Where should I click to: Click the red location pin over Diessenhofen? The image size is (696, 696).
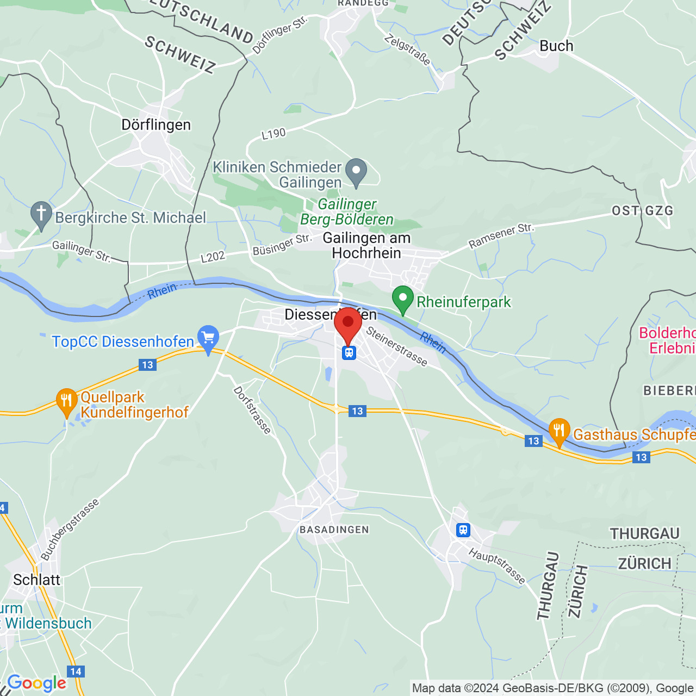coord(348,324)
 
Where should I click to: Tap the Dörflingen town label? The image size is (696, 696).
coord(156,125)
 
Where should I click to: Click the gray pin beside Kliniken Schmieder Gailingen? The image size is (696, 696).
coord(356,172)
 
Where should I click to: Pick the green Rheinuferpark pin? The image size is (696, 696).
coord(403,300)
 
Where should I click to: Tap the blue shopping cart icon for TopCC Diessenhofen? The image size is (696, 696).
coord(208,339)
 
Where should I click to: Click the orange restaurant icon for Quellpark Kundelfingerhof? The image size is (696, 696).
coord(66,402)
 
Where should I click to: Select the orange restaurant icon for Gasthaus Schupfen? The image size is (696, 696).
coord(559,432)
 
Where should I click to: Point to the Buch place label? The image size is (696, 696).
coord(556,46)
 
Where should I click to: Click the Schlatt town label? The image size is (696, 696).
coord(37,580)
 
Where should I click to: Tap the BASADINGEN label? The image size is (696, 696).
coord(334,530)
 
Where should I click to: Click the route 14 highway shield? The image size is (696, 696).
coord(76,672)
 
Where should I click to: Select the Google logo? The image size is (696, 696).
coord(37,683)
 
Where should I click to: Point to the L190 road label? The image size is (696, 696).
coord(274,134)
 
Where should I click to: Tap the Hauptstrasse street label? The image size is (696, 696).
coord(497,567)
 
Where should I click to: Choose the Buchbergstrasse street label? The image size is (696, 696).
coord(70,530)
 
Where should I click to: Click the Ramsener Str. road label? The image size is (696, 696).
coord(501,236)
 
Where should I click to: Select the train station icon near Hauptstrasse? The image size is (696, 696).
coord(463,530)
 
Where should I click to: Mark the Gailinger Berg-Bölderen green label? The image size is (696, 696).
coord(347,212)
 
